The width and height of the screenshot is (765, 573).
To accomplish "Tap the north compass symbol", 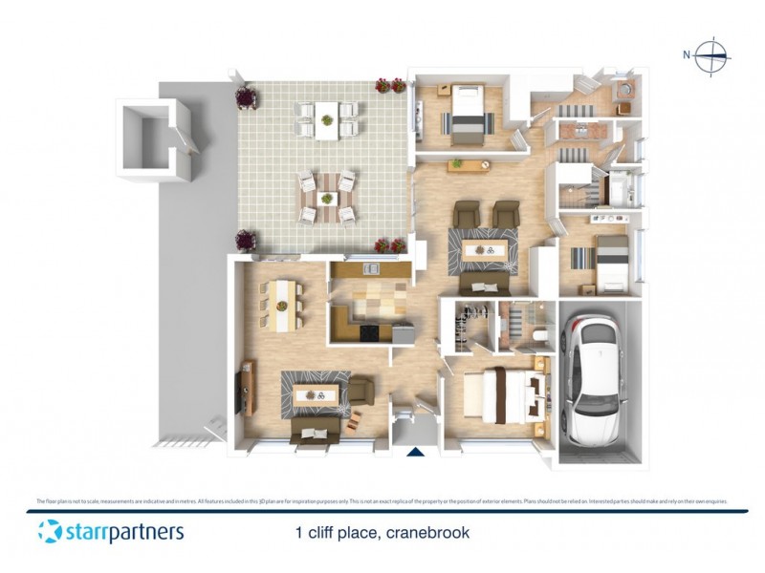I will (x=711, y=55).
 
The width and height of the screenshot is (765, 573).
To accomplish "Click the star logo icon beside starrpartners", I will (x=50, y=532).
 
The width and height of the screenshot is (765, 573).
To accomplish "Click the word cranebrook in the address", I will (x=426, y=533).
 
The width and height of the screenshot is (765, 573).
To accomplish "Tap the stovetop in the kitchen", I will (x=366, y=332).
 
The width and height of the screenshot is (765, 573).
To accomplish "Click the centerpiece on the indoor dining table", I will (x=283, y=306).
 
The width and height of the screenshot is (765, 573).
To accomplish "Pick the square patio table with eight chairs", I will (x=327, y=198).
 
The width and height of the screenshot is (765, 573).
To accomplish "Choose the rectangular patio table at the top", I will (x=327, y=120).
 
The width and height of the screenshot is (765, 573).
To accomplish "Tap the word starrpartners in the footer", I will (x=123, y=533).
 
